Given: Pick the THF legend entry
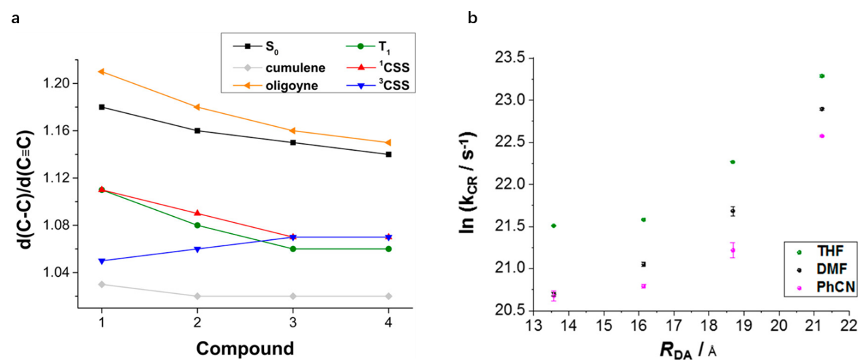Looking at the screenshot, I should (819, 252).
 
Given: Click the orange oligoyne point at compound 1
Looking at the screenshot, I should (102, 72).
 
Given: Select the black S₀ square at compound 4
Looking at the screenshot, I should (388, 154).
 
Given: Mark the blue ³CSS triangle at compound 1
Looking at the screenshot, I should (102, 260).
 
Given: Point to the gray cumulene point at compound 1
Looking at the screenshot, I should (102, 284).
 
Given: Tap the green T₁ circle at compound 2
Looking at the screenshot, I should (197, 225).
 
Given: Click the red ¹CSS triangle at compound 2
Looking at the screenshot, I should (197, 213).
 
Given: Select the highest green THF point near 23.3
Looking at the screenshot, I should (822, 76).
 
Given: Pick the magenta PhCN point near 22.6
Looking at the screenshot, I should (822, 136).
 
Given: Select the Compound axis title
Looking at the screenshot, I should (245, 348).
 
